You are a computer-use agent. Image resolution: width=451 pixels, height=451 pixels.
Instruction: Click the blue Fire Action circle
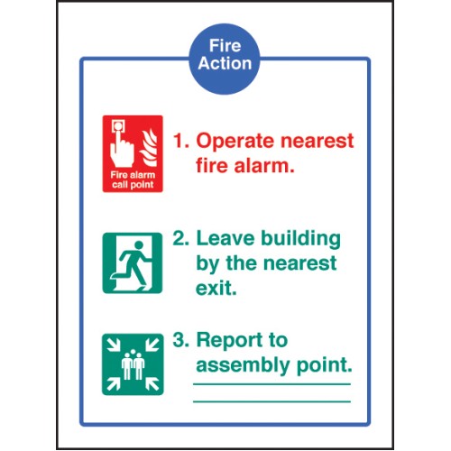pyautogui.click(x=225, y=59)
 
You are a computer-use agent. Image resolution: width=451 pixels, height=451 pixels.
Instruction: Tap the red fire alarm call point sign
pyautogui.click(x=133, y=153)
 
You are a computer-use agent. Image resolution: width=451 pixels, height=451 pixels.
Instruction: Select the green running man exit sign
pyautogui.click(x=133, y=262)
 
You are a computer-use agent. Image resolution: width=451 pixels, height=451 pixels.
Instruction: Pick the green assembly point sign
pyautogui.click(x=133, y=364)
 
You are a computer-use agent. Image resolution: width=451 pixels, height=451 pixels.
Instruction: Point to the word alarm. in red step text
pyautogui.click(x=264, y=166)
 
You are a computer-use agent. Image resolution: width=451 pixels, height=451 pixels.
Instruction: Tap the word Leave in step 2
pyautogui.click(x=225, y=238)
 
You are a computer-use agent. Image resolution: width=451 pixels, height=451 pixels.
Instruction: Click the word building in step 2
pyautogui.click(x=300, y=240)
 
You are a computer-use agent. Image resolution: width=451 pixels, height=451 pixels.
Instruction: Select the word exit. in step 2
pyautogui.click(x=216, y=288)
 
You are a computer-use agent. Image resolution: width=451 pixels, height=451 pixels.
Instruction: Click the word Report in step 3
pyautogui.click(x=230, y=340)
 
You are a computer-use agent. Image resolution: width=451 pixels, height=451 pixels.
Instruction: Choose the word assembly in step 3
pyautogui.click(x=243, y=366)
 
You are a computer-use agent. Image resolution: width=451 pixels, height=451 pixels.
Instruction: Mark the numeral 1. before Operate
pyautogui.click(x=181, y=141)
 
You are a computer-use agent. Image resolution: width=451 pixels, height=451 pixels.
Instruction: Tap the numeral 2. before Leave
pyautogui.click(x=181, y=238)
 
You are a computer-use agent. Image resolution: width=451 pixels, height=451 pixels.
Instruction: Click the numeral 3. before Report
pyautogui.click(x=181, y=339)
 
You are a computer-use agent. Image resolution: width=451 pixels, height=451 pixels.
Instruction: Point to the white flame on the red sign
pyautogui.click(x=149, y=148)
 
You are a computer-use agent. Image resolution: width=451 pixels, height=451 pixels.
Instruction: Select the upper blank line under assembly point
pyautogui.click(x=272, y=384)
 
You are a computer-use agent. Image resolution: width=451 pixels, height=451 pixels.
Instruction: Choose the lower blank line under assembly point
pyautogui.click(x=272, y=401)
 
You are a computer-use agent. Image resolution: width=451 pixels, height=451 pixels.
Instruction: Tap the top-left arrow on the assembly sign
pyautogui.click(x=115, y=345)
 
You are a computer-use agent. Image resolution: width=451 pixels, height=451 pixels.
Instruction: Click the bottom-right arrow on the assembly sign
pyautogui.click(x=152, y=383)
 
